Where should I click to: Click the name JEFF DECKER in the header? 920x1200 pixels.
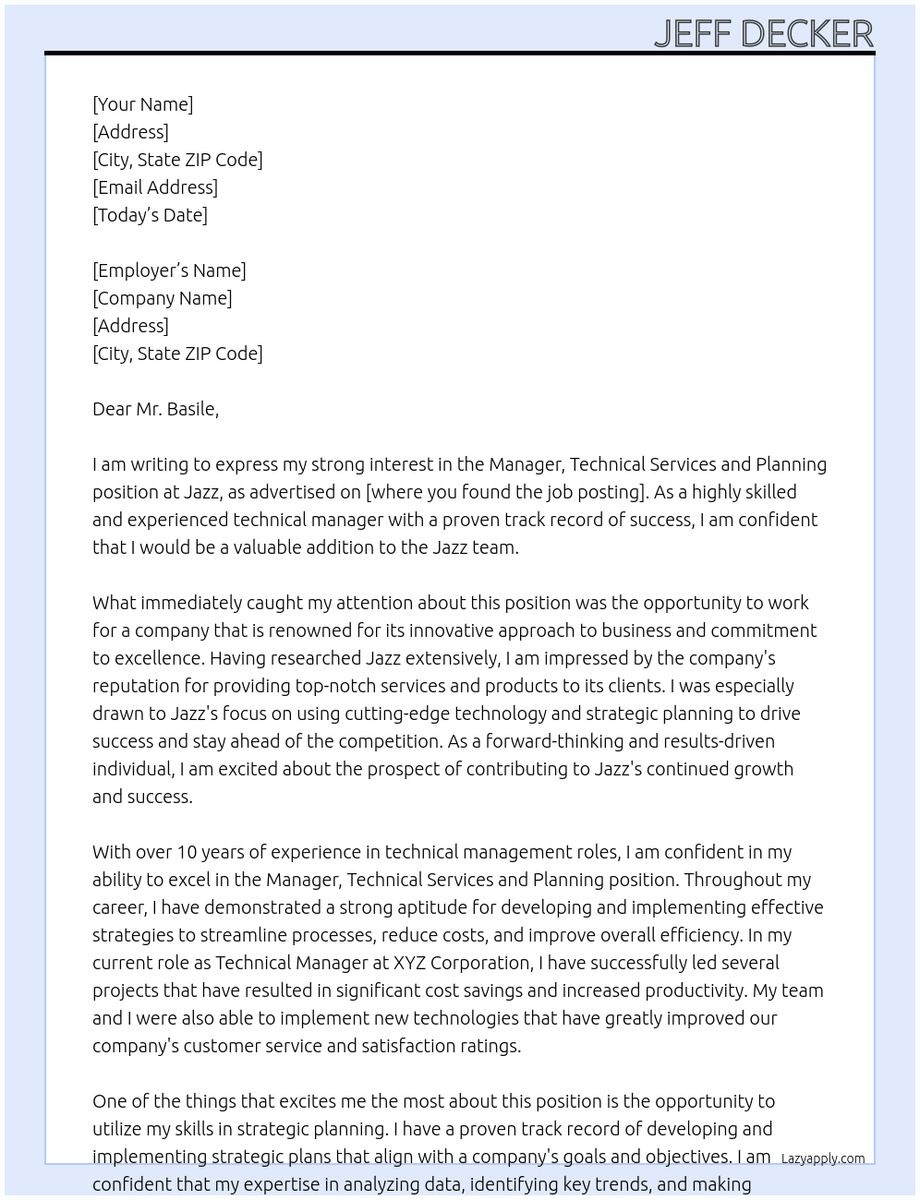[x=763, y=33]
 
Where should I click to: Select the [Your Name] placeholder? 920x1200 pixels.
[x=142, y=104]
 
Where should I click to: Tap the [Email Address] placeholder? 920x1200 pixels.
[x=155, y=187]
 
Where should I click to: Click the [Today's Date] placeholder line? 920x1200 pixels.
[x=150, y=215]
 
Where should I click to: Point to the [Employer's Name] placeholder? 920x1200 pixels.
[x=169, y=270]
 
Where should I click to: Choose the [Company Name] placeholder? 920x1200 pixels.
[x=162, y=298]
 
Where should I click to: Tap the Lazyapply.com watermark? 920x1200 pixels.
[x=823, y=1158]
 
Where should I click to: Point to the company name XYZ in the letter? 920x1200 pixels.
[x=410, y=963]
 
